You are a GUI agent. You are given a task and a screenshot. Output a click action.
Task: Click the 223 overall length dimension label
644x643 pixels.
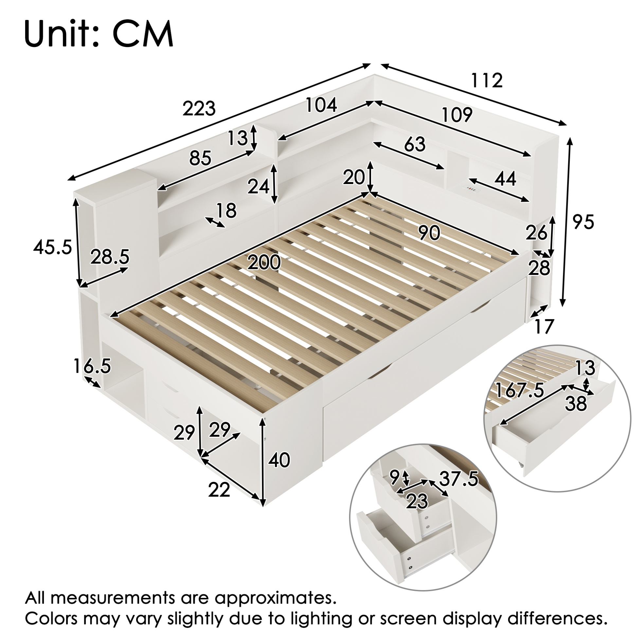click(x=199, y=109)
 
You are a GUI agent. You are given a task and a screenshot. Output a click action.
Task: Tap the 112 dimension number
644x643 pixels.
click(x=487, y=80)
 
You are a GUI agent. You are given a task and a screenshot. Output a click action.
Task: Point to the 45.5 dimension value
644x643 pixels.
click(x=52, y=247)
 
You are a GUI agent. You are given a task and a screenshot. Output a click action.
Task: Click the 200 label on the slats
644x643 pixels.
click(x=264, y=262)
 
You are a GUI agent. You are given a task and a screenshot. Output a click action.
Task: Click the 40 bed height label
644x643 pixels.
click(x=279, y=461)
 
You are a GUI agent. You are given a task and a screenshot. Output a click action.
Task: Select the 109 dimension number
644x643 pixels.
click(x=457, y=114)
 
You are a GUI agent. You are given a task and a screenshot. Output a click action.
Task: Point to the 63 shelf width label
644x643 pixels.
click(x=415, y=144)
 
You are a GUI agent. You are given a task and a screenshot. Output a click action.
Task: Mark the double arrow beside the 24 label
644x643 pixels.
click(x=274, y=183)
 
